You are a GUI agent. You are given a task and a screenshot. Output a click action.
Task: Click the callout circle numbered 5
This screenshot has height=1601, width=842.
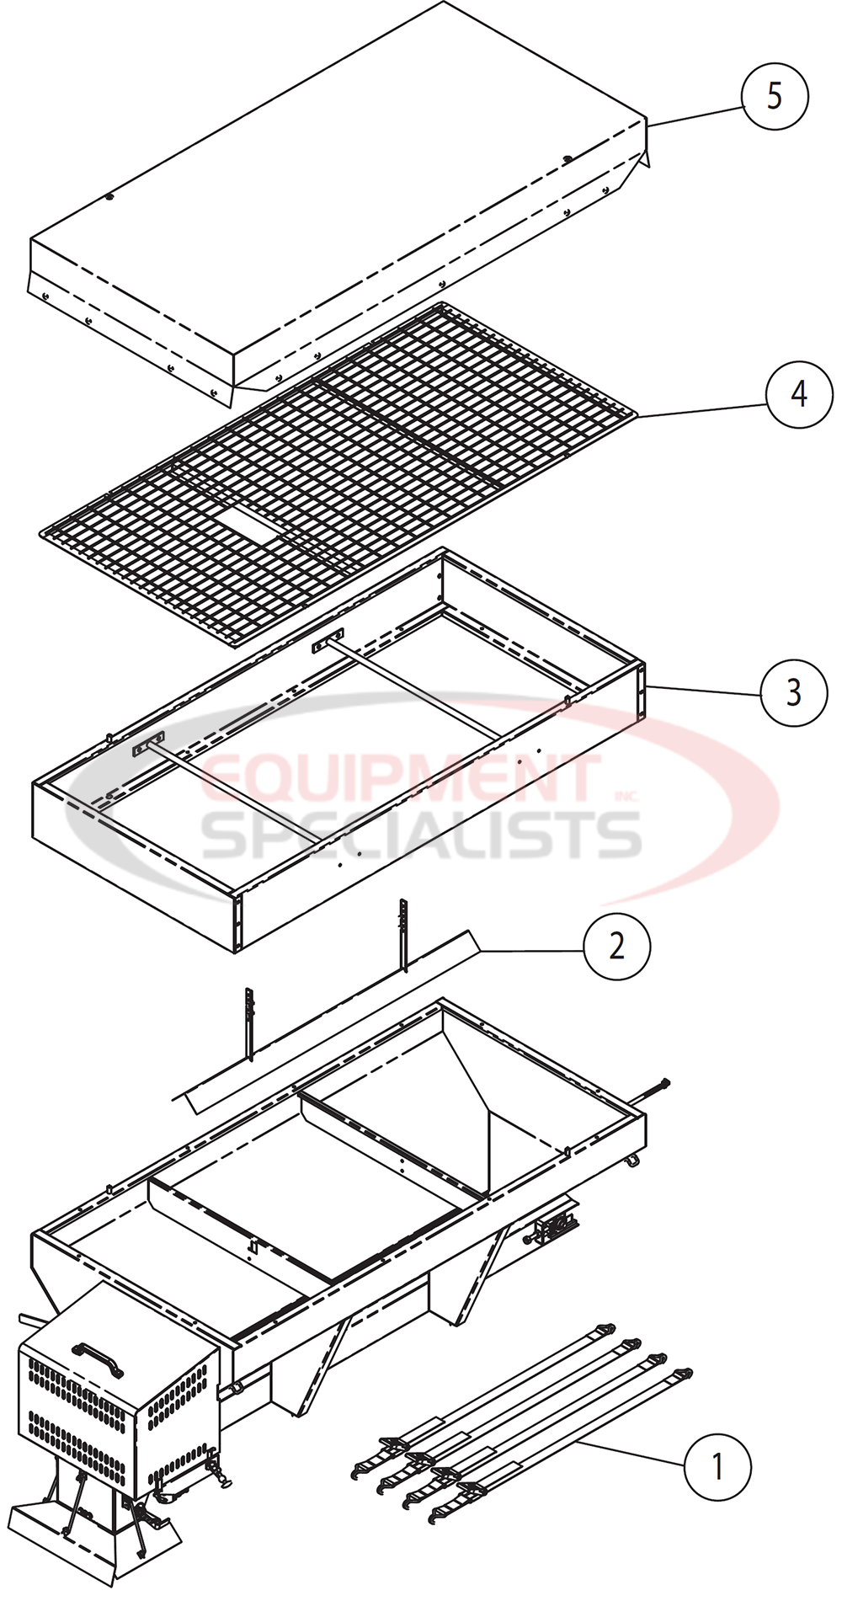pos(774,96)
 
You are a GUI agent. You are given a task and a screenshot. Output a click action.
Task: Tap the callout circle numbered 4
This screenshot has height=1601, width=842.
pos(798,393)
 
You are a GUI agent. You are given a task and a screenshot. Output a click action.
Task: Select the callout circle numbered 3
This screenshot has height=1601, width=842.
pos(792,692)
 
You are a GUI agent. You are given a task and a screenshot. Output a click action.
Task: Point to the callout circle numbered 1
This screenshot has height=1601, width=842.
pos(717,1467)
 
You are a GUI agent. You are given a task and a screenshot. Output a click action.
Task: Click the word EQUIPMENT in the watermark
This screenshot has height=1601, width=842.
pos(400,777)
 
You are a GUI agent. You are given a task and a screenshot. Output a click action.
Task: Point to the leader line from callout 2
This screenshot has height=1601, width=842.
pos(530,951)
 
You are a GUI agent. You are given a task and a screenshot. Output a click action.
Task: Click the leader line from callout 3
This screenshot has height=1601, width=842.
pos(703,689)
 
